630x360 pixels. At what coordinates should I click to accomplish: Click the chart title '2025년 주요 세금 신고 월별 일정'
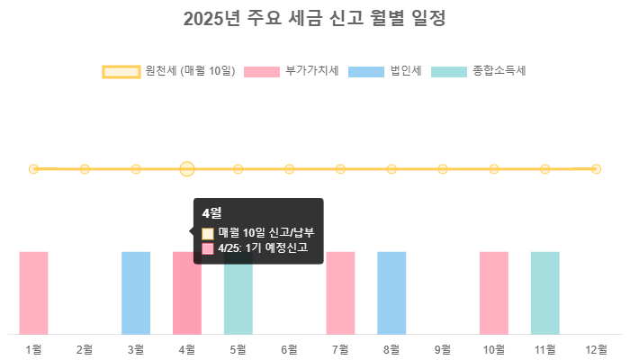click(x=314, y=19)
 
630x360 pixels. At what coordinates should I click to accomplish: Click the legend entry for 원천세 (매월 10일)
click(x=168, y=71)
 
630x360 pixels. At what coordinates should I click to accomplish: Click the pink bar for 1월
click(x=33, y=292)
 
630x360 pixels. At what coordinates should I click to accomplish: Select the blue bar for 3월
click(x=136, y=292)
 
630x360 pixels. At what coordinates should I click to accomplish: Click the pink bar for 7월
click(x=340, y=292)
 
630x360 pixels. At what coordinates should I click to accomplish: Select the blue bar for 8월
click(x=391, y=292)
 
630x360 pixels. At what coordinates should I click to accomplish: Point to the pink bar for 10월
click(x=494, y=292)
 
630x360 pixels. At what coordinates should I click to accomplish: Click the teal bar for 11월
click(x=544, y=292)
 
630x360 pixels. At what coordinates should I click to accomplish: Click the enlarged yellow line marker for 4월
click(x=187, y=169)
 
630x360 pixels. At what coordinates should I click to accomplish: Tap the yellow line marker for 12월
click(x=596, y=169)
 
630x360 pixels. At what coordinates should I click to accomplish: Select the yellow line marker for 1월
click(x=33, y=169)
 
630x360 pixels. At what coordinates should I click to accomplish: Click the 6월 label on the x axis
click(x=289, y=349)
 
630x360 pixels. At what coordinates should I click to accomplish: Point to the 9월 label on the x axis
click(x=443, y=349)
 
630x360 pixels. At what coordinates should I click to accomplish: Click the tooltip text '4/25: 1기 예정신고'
click(x=263, y=247)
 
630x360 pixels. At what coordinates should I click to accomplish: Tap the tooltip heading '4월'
click(x=211, y=213)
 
